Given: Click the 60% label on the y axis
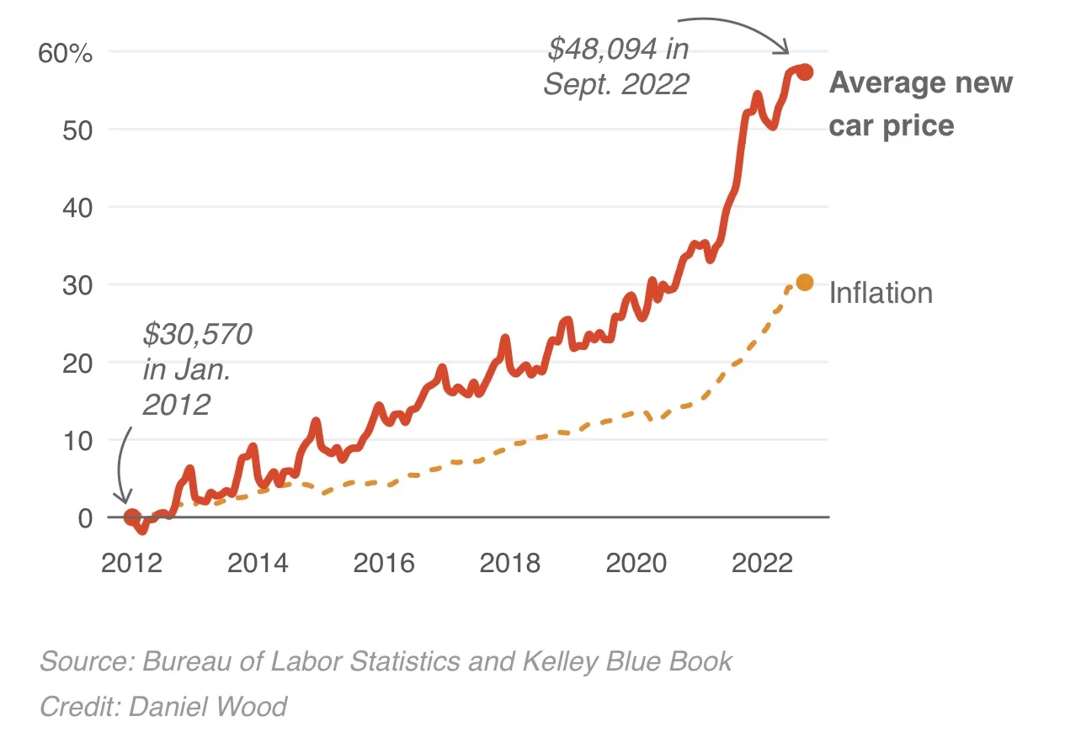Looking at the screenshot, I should (x=65, y=54).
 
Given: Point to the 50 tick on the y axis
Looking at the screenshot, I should (x=77, y=130).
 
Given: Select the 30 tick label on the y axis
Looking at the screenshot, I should (x=77, y=285).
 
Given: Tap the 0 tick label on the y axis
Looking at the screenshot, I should (x=84, y=517).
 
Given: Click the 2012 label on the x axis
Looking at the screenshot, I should (x=131, y=563).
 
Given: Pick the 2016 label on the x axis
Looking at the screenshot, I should (x=384, y=563).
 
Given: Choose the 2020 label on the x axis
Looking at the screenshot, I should (x=636, y=563).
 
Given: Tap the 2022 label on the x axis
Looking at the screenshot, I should (x=763, y=563).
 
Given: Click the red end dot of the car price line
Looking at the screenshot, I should (x=805, y=72).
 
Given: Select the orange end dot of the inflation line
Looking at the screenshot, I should (x=805, y=283).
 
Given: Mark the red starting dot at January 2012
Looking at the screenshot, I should (x=131, y=517).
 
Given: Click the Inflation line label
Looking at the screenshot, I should (x=881, y=293).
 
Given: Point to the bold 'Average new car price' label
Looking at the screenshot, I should (x=920, y=104).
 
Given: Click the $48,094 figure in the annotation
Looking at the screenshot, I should (x=601, y=50).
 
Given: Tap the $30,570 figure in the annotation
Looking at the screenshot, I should (x=198, y=335).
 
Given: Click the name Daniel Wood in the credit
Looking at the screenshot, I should (x=207, y=706).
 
